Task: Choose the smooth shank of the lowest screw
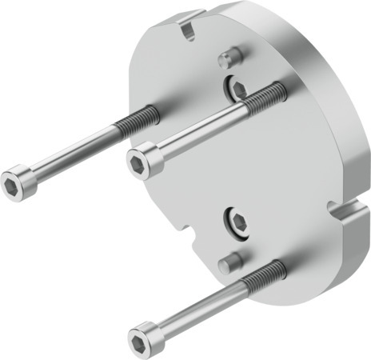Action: point(200,306)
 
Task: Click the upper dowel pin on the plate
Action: point(229,57)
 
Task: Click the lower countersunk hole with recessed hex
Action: point(236,221)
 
